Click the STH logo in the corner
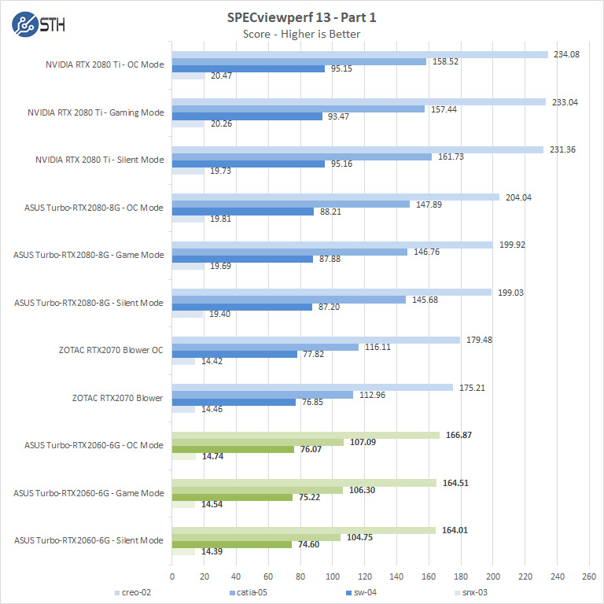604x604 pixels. pyautogui.click(x=39, y=24)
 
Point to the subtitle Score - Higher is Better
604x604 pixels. pyautogui.click(x=301, y=34)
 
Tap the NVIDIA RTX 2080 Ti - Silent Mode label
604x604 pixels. pyautogui.click(x=100, y=160)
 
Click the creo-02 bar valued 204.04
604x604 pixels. pyautogui.click(x=336, y=197)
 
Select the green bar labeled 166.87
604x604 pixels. pyautogui.click(x=306, y=435)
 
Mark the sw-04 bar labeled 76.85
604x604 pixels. pyautogui.click(x=234, y=402)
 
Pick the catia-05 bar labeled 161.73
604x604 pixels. pyautogui.click(x=302, y=157)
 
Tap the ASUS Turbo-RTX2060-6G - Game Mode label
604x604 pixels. pyautogui.click(x=89, y=493)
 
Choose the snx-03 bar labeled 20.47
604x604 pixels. pyautogui.click(x=188, y=75)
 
